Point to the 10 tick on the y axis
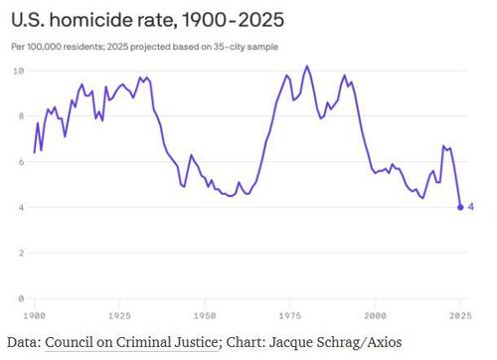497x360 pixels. tap(19, 71)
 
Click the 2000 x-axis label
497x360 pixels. tap(375, 315)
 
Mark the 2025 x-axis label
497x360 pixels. tap(459, 315)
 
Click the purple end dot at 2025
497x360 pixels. tap(460, 207)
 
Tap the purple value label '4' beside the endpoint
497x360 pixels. tap(471, 207)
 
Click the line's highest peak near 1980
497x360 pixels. tap(307, 67)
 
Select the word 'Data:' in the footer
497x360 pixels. tap(23, 342)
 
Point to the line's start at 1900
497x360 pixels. tap(35, 152)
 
